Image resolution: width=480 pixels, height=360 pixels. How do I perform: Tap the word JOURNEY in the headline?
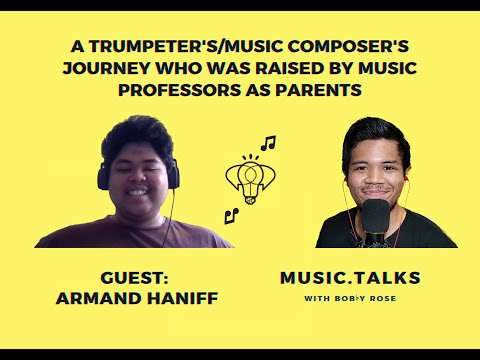(x=103, y=68)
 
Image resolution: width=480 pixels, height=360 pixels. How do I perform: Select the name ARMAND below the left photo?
(x=101, y=299)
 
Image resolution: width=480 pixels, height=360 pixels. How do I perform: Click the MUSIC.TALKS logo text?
(x=350, y=277)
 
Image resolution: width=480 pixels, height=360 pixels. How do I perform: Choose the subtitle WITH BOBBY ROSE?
(x=350, y=298)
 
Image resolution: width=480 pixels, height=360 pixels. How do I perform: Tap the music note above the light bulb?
(x=267, y=144)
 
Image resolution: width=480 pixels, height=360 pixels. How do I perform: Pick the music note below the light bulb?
(x=230, y=214)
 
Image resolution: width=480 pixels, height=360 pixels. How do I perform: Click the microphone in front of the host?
(x=374, y=218)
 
